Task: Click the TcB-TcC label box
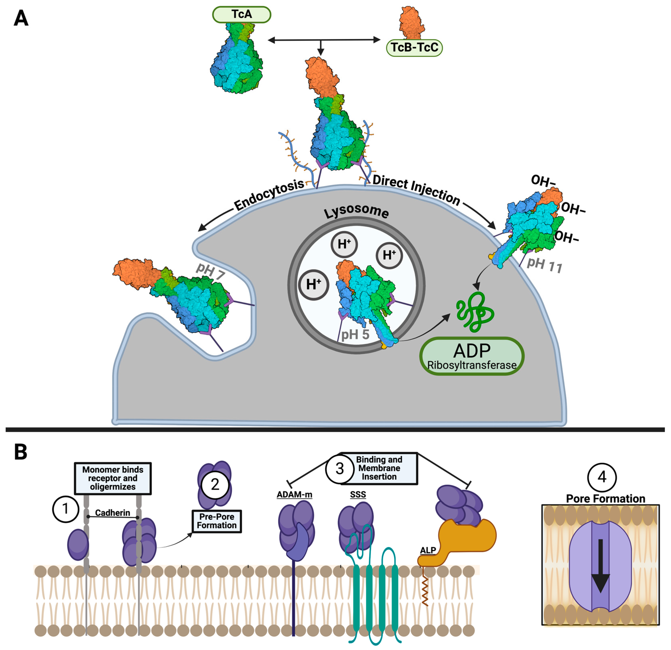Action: coord(414,48)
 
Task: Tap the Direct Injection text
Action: coord(416,190)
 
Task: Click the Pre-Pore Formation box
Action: coord(217,521)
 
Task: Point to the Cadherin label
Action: coord(113,513)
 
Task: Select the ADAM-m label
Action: coord(294,495)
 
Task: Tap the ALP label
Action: coord(428,550)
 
